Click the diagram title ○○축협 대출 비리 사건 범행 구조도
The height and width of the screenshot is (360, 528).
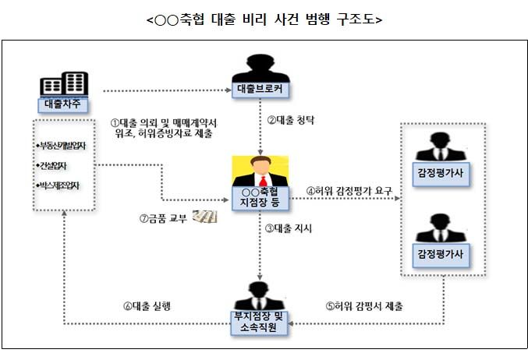click(x=264, y=19)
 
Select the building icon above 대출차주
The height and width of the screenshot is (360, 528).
click(x=63, y=83)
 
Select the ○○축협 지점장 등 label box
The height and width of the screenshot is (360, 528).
click(x=260, y=198)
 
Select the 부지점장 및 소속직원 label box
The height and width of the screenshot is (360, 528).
click(x=260, y=322)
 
